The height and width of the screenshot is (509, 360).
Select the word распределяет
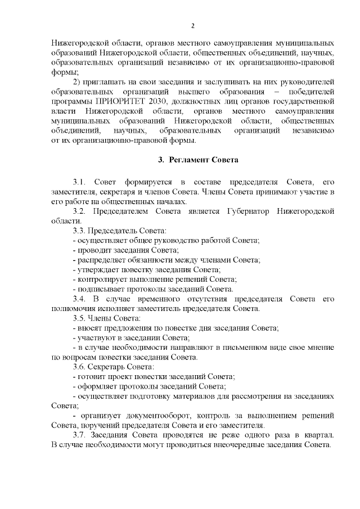point(100,260)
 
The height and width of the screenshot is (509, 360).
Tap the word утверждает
point(97,269)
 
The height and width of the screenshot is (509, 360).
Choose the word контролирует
point(102,279)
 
